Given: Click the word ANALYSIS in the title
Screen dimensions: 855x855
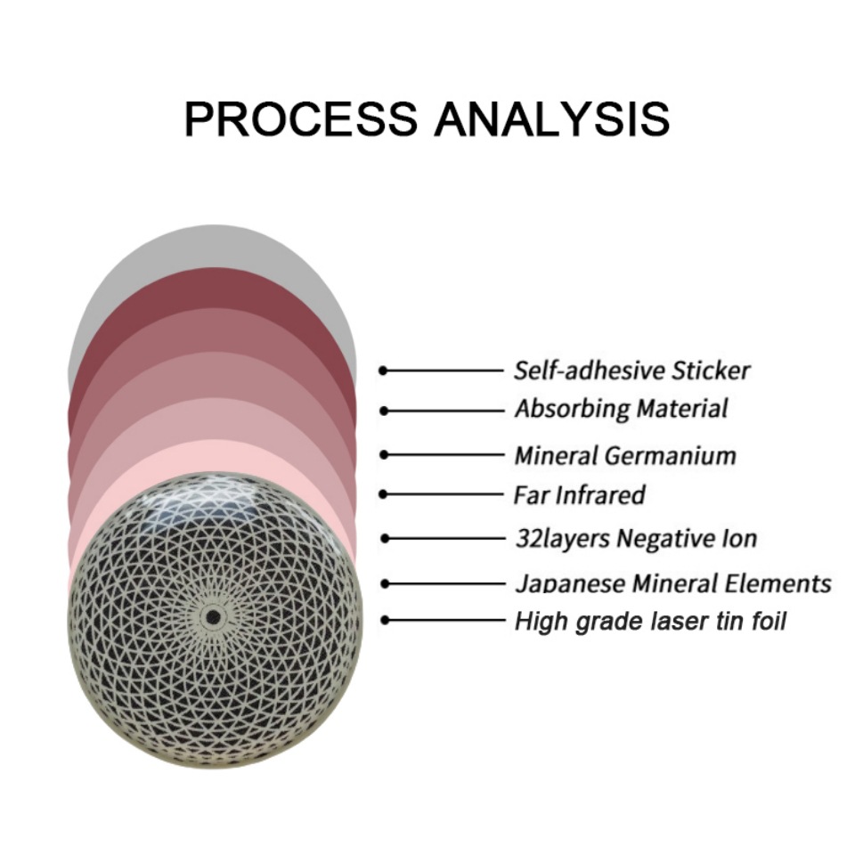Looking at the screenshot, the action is pos(552,118).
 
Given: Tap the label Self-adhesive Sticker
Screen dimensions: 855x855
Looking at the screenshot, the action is pos(632,369).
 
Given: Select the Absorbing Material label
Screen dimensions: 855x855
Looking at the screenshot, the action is pos(621,409).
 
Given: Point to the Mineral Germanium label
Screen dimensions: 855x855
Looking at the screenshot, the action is pos(625,455).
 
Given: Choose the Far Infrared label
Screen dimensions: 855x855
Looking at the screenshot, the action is pos(579,493).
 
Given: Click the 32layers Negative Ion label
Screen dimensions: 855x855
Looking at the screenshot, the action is pos(636,538).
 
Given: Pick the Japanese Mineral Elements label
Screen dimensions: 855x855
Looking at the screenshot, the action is pos(672,584).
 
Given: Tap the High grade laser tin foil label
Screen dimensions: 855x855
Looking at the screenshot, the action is pos(650,620).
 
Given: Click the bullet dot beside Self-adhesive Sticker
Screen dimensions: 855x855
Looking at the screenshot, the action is pos(384,370).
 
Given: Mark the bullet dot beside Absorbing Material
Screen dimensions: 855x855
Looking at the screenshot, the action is pos(384,411).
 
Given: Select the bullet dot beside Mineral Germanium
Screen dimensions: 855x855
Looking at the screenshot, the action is pos(384,454).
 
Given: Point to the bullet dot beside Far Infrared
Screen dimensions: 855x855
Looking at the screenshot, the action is pos(384,493).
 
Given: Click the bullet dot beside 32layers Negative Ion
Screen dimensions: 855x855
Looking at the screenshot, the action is pos(384,538).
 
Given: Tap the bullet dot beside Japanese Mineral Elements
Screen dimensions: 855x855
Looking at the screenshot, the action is pos(384,584).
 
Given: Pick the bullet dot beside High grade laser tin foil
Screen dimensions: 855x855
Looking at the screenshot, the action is pos(384,620).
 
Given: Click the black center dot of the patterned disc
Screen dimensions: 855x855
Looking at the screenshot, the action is pos(213,616).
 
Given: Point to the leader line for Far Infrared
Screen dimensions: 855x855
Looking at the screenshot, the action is pos(445,493).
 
